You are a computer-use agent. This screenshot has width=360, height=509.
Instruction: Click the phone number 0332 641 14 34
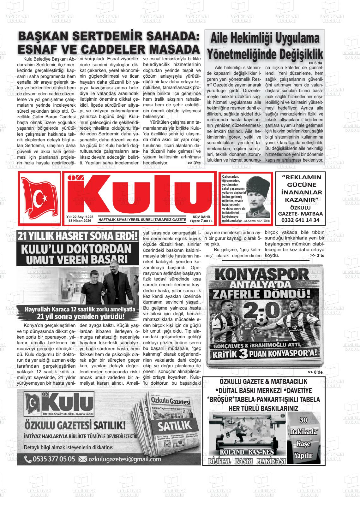click(300, 220)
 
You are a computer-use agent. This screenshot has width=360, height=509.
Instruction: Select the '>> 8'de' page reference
click(316, 372)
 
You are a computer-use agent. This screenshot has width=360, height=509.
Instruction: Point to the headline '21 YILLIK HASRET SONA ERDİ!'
click(78, 236)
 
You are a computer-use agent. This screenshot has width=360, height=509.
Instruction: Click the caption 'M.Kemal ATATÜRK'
click(257, 221)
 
